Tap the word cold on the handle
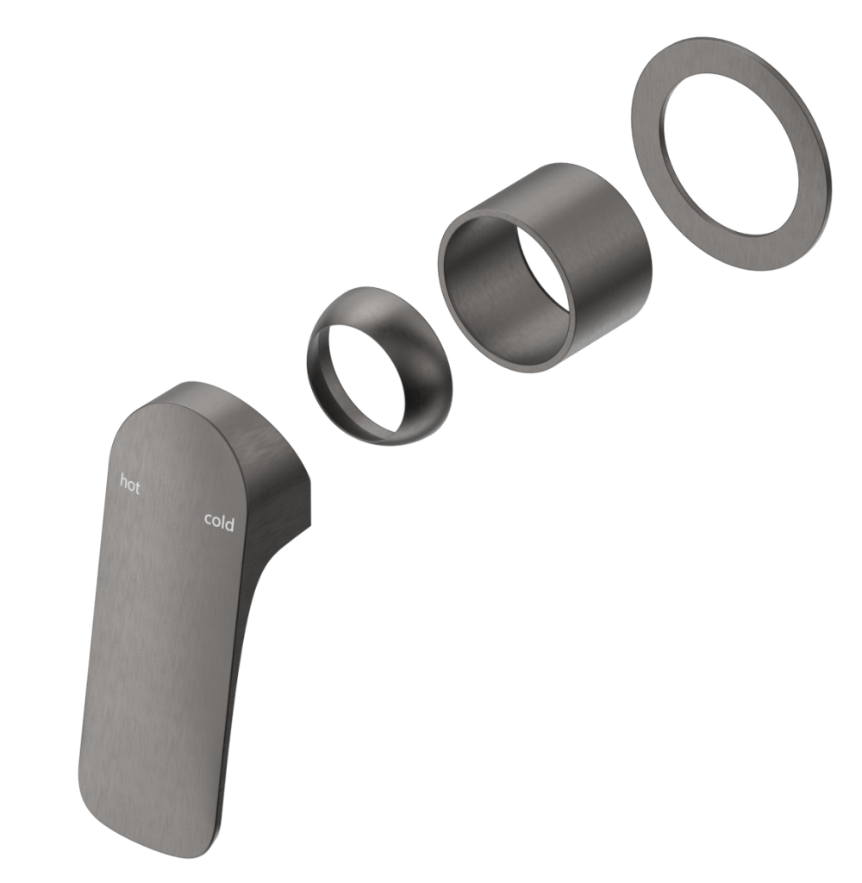(219, 521)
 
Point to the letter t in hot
(137, 486)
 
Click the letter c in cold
(208, 519)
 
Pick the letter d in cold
(229, 523)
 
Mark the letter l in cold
(222, 521)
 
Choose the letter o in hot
(130, 485)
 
